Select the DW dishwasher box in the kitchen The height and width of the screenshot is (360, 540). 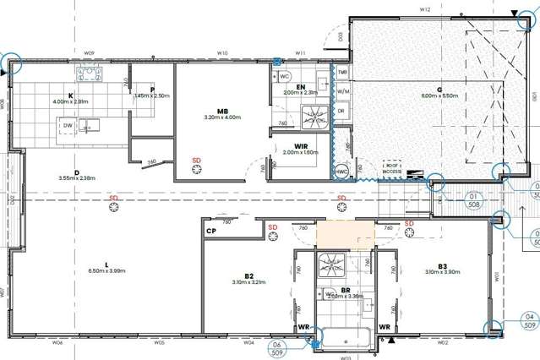[67, 126]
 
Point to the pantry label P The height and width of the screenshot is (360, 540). [151, 89]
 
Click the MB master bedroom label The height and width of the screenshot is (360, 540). [222, 111]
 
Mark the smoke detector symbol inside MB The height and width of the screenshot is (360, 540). [197, 169]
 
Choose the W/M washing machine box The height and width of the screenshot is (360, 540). [342, 91]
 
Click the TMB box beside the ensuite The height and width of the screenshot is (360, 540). [342, 74]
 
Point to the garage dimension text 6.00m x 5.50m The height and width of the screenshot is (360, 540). [439, 96]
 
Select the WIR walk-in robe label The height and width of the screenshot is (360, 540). [301, 146]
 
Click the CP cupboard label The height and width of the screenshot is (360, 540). [210, 229]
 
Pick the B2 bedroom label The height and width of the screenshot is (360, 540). [248, 275]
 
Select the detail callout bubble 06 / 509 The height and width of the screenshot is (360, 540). [275, 349]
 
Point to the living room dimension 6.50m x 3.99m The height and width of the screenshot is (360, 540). [106, 270]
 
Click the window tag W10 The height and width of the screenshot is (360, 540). [222, 52]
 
